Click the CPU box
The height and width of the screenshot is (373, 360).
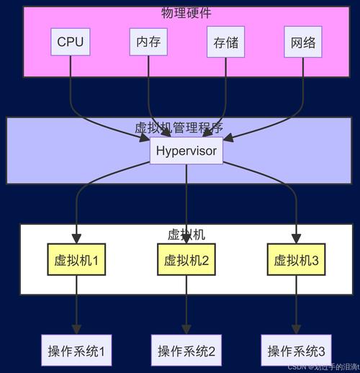point(71,42)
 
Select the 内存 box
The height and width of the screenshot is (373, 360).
point(148,42)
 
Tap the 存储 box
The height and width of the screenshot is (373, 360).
point(226,42)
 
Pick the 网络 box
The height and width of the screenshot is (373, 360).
point(303,42)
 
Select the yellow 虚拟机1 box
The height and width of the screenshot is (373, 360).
point(76,260)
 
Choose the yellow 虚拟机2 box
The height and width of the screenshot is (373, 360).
point(186,260)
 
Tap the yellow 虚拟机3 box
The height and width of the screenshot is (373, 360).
point(296,260)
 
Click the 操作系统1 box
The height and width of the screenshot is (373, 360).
point(76,351)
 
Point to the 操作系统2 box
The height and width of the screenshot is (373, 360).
point(186,351)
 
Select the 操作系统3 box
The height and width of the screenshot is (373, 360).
point(296,351)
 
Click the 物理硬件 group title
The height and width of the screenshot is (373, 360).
point(186,13)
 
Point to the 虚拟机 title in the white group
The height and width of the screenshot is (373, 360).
point(186,235)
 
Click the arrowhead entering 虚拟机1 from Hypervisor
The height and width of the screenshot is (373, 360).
point(76,241)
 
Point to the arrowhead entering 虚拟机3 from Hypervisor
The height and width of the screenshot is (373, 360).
point(296,241)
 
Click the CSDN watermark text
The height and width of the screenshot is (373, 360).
point(328,367)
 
